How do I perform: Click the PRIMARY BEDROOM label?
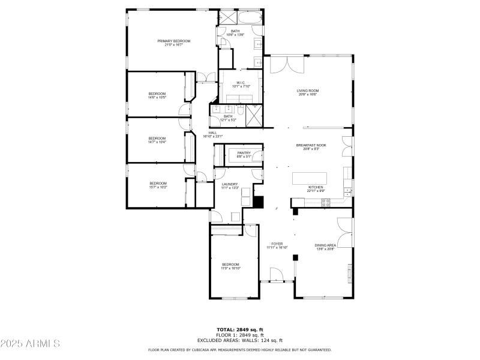click(174, 41)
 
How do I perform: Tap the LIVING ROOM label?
click(308, 91)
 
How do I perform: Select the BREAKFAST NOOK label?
click(311, 146)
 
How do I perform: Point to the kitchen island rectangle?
click(310, 178)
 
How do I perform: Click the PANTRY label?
click(244, 153)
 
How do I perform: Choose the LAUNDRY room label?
click(230, 184)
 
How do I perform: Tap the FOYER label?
click(277, 244)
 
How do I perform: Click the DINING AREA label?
click(325, 245)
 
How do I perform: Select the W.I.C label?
click(240, 83)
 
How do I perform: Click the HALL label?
click(212, 133)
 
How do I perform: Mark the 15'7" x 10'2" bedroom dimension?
click(158, 187)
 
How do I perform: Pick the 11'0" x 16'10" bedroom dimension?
click(230, 268)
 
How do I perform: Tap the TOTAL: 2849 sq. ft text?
click(240, 329)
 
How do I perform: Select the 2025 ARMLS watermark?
click(30, 344)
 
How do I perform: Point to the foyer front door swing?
click(277, 274)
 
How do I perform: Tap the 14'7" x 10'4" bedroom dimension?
click(157, 142)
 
